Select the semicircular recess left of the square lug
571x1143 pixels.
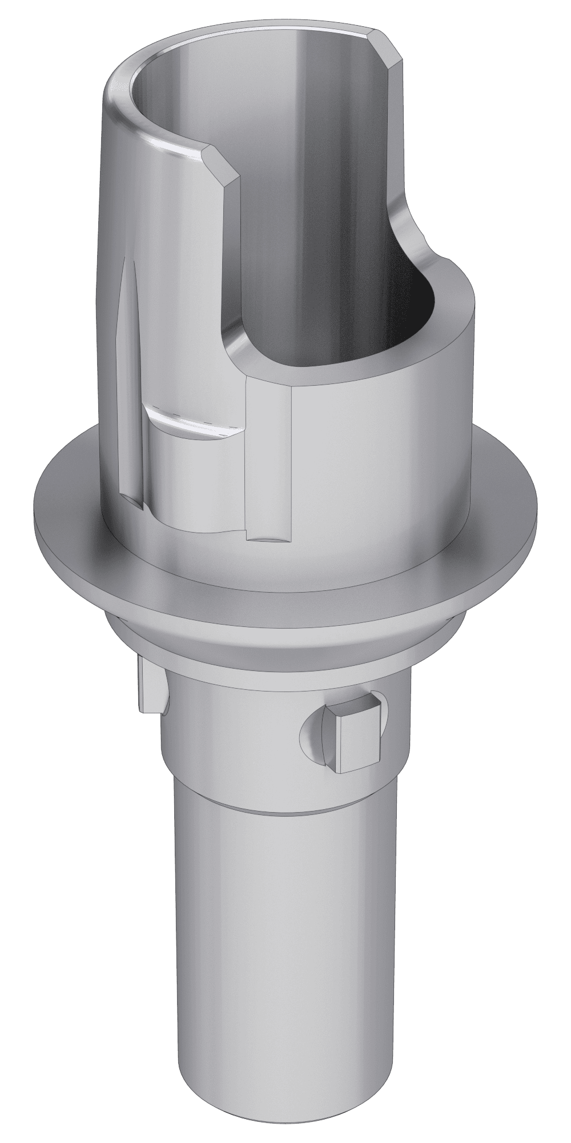coord(313,734)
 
